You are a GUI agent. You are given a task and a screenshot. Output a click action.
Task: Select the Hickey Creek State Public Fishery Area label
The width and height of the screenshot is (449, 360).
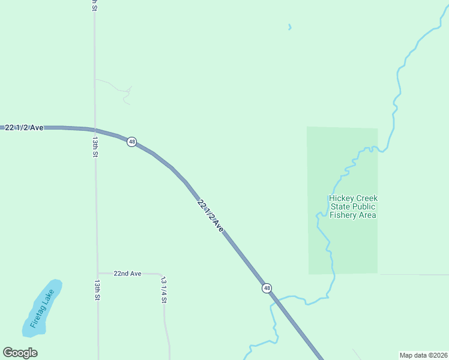[x=353, y=206]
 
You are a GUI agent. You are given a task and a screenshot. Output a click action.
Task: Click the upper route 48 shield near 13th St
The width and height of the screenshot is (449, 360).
[x=131, y=142]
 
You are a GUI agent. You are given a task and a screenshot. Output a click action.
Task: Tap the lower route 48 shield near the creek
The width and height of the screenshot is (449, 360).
[x=267, y=288]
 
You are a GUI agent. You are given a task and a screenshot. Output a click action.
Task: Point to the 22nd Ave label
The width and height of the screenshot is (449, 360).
[x=127, y=274]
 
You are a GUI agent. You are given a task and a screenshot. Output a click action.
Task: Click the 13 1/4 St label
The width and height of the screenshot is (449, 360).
[x=163, y=289]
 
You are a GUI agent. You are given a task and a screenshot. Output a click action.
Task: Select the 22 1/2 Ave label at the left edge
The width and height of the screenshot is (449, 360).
[x=24, y=128]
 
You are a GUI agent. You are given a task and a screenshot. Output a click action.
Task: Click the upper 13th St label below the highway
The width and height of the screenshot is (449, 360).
[x=95, y=146]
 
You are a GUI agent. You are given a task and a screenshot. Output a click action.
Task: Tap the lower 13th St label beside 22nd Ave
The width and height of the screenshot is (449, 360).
[x=97, y=289]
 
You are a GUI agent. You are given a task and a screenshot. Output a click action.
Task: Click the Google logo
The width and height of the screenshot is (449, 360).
[x=20, y=353]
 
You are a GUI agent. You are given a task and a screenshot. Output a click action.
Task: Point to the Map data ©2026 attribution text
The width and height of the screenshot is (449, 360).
[x=423, y=355]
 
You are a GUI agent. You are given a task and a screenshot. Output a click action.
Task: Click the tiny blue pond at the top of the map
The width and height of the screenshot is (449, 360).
[x=290, y=27]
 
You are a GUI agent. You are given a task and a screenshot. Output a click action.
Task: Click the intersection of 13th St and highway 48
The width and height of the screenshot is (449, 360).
[x=94, y=129]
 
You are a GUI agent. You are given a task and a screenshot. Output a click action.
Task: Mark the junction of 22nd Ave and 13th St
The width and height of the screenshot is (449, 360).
[x=98, y=274]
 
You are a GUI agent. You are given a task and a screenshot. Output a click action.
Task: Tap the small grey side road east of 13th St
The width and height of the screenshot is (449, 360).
[x=120, y=88]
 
